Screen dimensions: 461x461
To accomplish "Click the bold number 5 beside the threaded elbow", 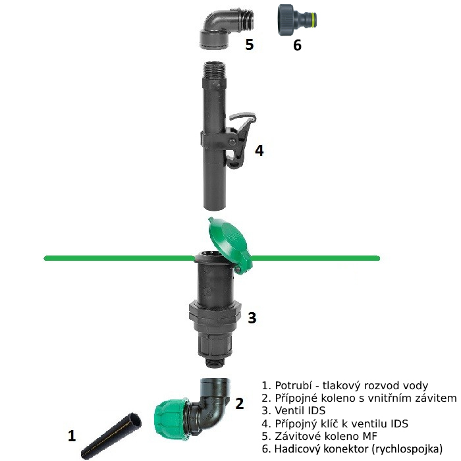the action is click(250, 45).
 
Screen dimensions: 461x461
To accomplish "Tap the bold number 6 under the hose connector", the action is click(297, 45).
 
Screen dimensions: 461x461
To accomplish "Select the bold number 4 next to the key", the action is click(259, 151).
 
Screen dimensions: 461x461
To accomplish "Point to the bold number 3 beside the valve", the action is click(252, 318).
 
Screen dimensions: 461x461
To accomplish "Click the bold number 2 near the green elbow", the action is click(240, 403).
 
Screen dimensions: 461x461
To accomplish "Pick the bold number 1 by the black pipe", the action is click(72, 435).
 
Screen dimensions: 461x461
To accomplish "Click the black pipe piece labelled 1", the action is click(111, 436).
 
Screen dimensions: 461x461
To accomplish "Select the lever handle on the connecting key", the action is click(241, 138).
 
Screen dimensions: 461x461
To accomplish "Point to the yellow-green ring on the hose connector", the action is click(315, 20).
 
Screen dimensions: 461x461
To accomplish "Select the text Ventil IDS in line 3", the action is click(300, 410).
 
